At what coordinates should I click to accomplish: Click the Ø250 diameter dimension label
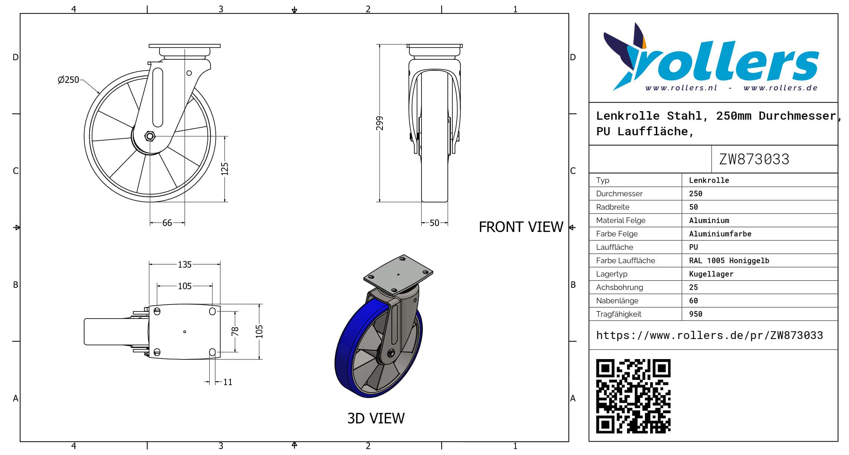coord(68,80)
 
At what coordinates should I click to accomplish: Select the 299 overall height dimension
coord(380,123)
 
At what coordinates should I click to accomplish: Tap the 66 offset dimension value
coord(167,223)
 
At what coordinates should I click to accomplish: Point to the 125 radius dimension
coord(225,168)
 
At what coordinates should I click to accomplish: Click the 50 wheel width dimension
coord(435,223)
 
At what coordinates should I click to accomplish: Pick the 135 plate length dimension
coord(185,264)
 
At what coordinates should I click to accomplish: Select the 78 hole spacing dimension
coord(235,331)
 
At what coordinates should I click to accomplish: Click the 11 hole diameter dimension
coord(228,382)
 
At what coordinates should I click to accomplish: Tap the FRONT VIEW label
coord(521,227)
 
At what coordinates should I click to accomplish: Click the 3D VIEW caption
coord(376,418)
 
